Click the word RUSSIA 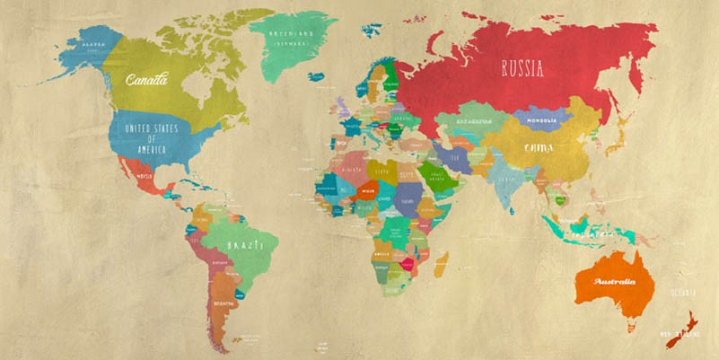tap(522, 68)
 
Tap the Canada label tap(146, 80)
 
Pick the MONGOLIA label tap(548, 119)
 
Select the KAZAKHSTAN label tap(475, 120)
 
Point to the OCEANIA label tap(683, 291)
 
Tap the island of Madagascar tap(441, 263)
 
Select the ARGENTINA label tap(224, 303)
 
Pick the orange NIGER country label tap(368, 190)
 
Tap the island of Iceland tap(316, 77)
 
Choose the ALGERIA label tap(353, 169)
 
